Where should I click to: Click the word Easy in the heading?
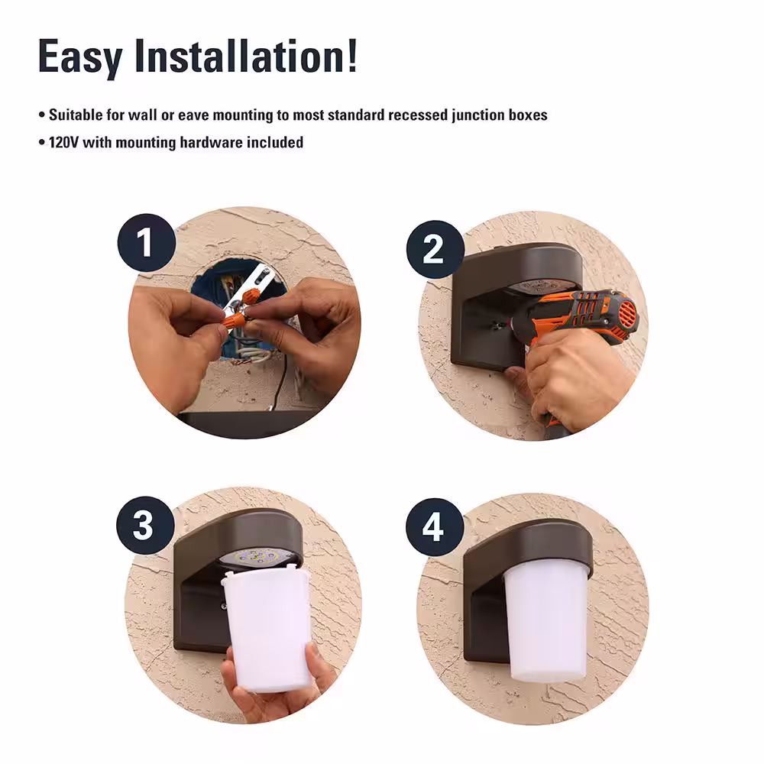(80, 57)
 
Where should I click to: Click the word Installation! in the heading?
(246, 56)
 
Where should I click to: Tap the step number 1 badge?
(146, 243)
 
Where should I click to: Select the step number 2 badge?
(435, 250)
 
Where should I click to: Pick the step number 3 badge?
(145, 526)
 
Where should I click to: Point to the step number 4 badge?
(435, 527)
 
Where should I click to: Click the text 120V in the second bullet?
(63, 142)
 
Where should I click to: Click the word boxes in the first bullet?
(528, 115)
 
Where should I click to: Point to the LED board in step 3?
(259, 558)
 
